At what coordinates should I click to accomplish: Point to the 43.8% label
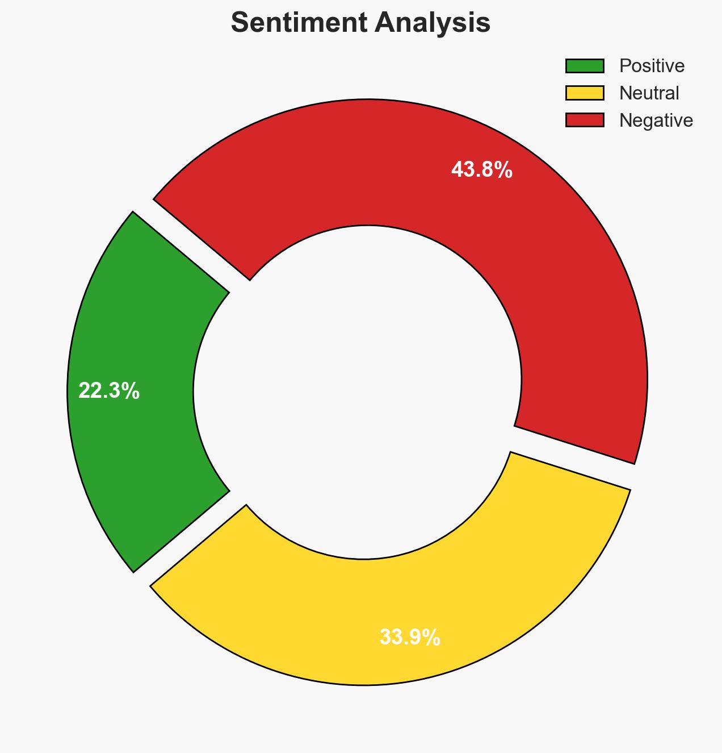click(x=482, y=170)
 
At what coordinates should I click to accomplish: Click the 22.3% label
click(x=108, y=391)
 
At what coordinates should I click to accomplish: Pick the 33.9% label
click(x=409, y=638)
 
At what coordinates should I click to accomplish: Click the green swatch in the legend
click(x=585, y=66)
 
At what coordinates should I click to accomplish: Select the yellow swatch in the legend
click(x=585, y=93)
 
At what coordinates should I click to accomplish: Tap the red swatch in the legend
click(x=585, y=120)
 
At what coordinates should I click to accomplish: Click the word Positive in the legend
click(x=652, y=66)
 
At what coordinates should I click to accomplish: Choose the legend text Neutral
click(x=649, y=93)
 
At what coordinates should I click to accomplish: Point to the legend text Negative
click(x=656, y=120)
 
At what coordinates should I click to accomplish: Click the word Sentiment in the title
click(x=298, y=23)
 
